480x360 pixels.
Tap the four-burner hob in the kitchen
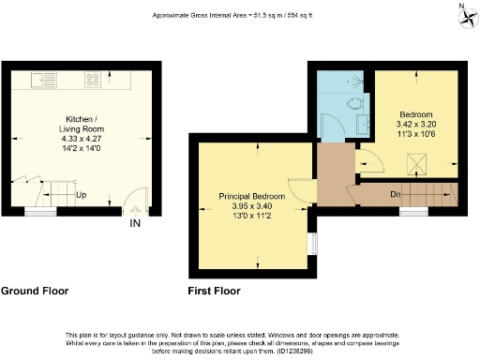(94, 79)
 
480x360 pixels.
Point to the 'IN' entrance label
(136, 223)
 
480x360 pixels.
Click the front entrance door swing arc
(136, 202)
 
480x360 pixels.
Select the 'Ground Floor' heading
(35, 291)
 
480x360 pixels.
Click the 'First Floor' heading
(215, 291)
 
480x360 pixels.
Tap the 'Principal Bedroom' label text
(253, 196)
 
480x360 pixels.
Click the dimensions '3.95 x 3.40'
(253, 206)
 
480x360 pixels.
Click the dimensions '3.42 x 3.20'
(416, 122)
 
